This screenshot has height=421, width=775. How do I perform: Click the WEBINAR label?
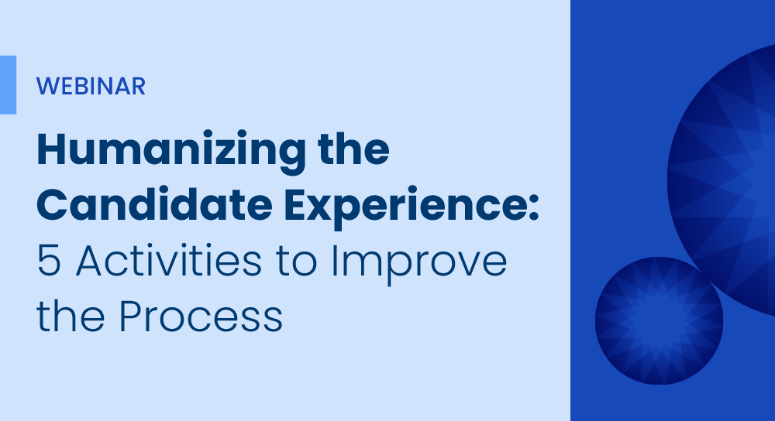(x=91, y=87)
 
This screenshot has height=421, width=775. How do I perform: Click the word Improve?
(x=419, y=264)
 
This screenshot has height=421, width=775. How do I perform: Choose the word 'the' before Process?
(x=71, y=315)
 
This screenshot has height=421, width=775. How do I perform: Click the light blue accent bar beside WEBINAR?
(x=8, y=85)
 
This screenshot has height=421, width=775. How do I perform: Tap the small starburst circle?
(x=659, y=321)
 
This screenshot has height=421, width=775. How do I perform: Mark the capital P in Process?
(x=129, y=316)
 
